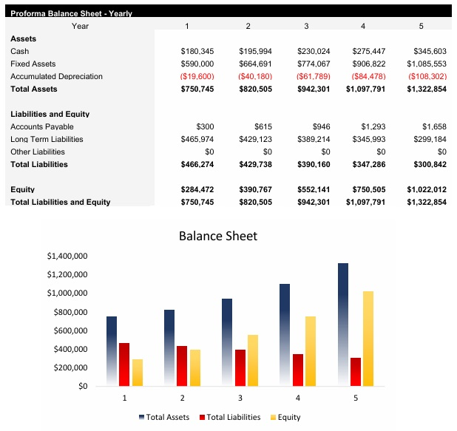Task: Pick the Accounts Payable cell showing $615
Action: tap(263, 126)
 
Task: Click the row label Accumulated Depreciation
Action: tap(56, 76)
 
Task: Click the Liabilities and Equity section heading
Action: tap(50, 114)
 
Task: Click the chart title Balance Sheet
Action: tap(218, 236)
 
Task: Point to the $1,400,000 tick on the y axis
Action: tap(67, 256)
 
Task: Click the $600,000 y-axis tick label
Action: tap(70, 330)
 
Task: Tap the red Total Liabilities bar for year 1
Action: tap(123, 364)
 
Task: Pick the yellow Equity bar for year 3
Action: tap(253, 361)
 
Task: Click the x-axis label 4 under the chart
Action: tap(297, 398)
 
